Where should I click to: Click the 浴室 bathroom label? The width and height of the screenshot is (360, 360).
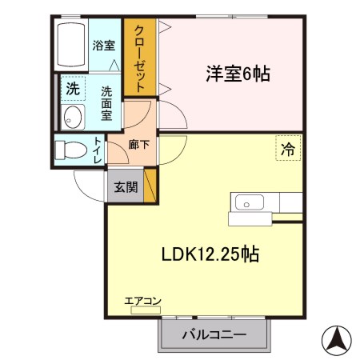102,45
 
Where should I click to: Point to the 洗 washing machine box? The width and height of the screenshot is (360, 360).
73,87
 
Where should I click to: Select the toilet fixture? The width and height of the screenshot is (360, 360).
70,150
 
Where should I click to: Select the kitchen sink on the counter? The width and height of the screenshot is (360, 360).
246,201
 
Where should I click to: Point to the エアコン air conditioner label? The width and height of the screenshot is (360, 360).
142,301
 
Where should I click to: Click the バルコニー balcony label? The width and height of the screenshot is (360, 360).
214,334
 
